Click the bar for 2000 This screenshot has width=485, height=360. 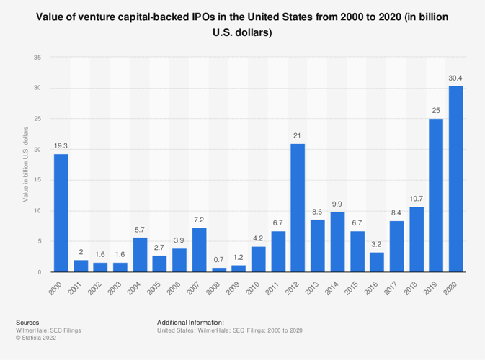[61, 213]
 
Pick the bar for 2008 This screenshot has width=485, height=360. [218, 269]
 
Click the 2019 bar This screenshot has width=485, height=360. [436, 195]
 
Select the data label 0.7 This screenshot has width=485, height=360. [218, 260]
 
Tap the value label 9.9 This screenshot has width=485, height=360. [337, 204]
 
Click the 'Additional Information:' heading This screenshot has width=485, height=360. [190, 323]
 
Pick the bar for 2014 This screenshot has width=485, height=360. [337, 241]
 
